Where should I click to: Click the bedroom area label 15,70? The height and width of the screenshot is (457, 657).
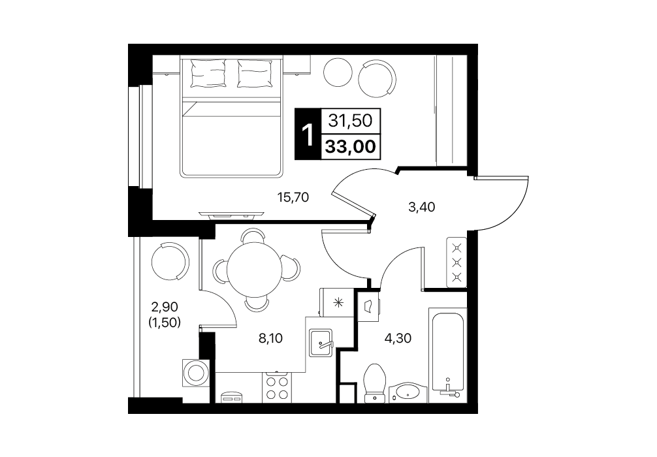293,197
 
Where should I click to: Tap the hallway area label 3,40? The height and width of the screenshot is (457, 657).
421,206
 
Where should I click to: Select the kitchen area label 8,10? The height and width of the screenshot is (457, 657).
270,338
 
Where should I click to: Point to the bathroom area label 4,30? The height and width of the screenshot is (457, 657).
398,338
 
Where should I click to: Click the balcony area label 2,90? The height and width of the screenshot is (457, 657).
165,307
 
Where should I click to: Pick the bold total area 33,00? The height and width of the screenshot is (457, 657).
350,147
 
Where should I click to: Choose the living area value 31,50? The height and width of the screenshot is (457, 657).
350,121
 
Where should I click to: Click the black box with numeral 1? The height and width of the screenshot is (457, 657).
308,134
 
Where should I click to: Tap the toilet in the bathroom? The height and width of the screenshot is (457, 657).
375,383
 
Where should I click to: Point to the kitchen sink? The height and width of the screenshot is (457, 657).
321,343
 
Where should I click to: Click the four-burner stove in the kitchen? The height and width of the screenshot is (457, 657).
277,387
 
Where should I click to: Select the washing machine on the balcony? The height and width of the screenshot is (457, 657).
196,372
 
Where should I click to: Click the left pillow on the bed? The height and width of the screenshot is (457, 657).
208,73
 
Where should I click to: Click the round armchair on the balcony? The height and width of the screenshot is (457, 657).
170,261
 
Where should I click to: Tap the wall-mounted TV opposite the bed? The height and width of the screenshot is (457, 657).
232,215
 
